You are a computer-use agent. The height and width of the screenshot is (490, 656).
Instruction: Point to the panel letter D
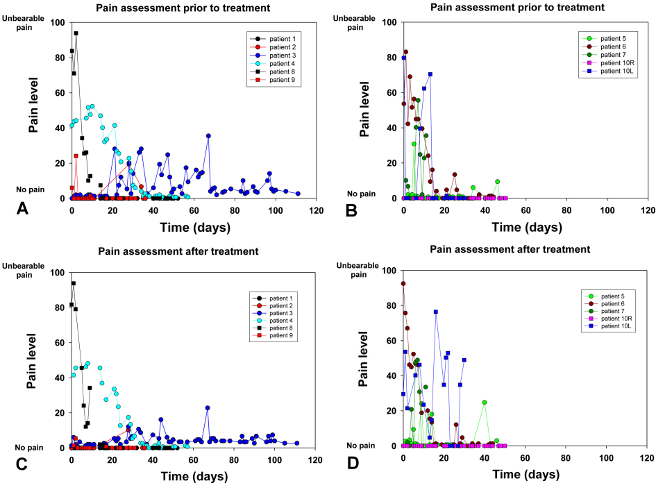pos(353,461)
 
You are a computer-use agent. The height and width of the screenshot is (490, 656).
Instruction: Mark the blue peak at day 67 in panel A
pos(208,135)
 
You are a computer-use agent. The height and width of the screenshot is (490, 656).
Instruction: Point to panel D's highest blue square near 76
pos(435,312)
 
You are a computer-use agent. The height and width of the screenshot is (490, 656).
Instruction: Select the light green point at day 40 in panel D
pos(485,402)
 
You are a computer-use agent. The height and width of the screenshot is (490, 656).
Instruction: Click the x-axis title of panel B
pos(525,226)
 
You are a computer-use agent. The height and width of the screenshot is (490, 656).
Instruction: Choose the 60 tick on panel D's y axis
pos(392,340)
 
